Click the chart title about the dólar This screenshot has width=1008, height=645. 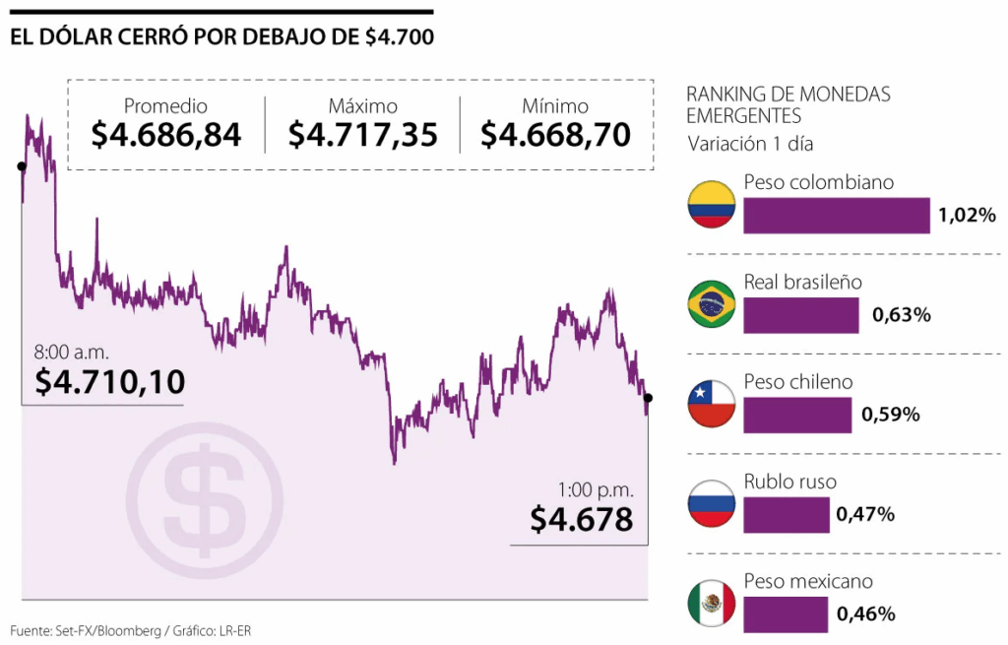coord(222,37)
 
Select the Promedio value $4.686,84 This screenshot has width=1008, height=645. coord(166,135)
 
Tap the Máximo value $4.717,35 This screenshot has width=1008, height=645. coord(363,135)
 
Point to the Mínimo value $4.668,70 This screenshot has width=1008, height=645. coord(556,135)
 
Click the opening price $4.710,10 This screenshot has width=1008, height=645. coord(110,382)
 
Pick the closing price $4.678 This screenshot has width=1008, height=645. coord(581,519)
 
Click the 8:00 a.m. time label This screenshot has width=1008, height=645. coord(72,351)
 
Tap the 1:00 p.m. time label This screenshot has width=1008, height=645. coord(596,489)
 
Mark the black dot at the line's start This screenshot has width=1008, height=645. coord(22,166)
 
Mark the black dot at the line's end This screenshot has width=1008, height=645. coord(648,398)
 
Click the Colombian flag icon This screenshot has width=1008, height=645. coord(712,205)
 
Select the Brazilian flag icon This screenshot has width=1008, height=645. coord(712,304)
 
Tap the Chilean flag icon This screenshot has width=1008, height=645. coord(712,404)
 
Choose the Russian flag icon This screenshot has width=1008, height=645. coord(712,504)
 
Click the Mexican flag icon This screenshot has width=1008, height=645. coord(712,603)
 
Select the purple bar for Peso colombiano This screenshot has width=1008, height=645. coord(836,216)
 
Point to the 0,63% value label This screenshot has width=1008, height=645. coord(901,315)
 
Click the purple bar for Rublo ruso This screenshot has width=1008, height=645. coord(786,514)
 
